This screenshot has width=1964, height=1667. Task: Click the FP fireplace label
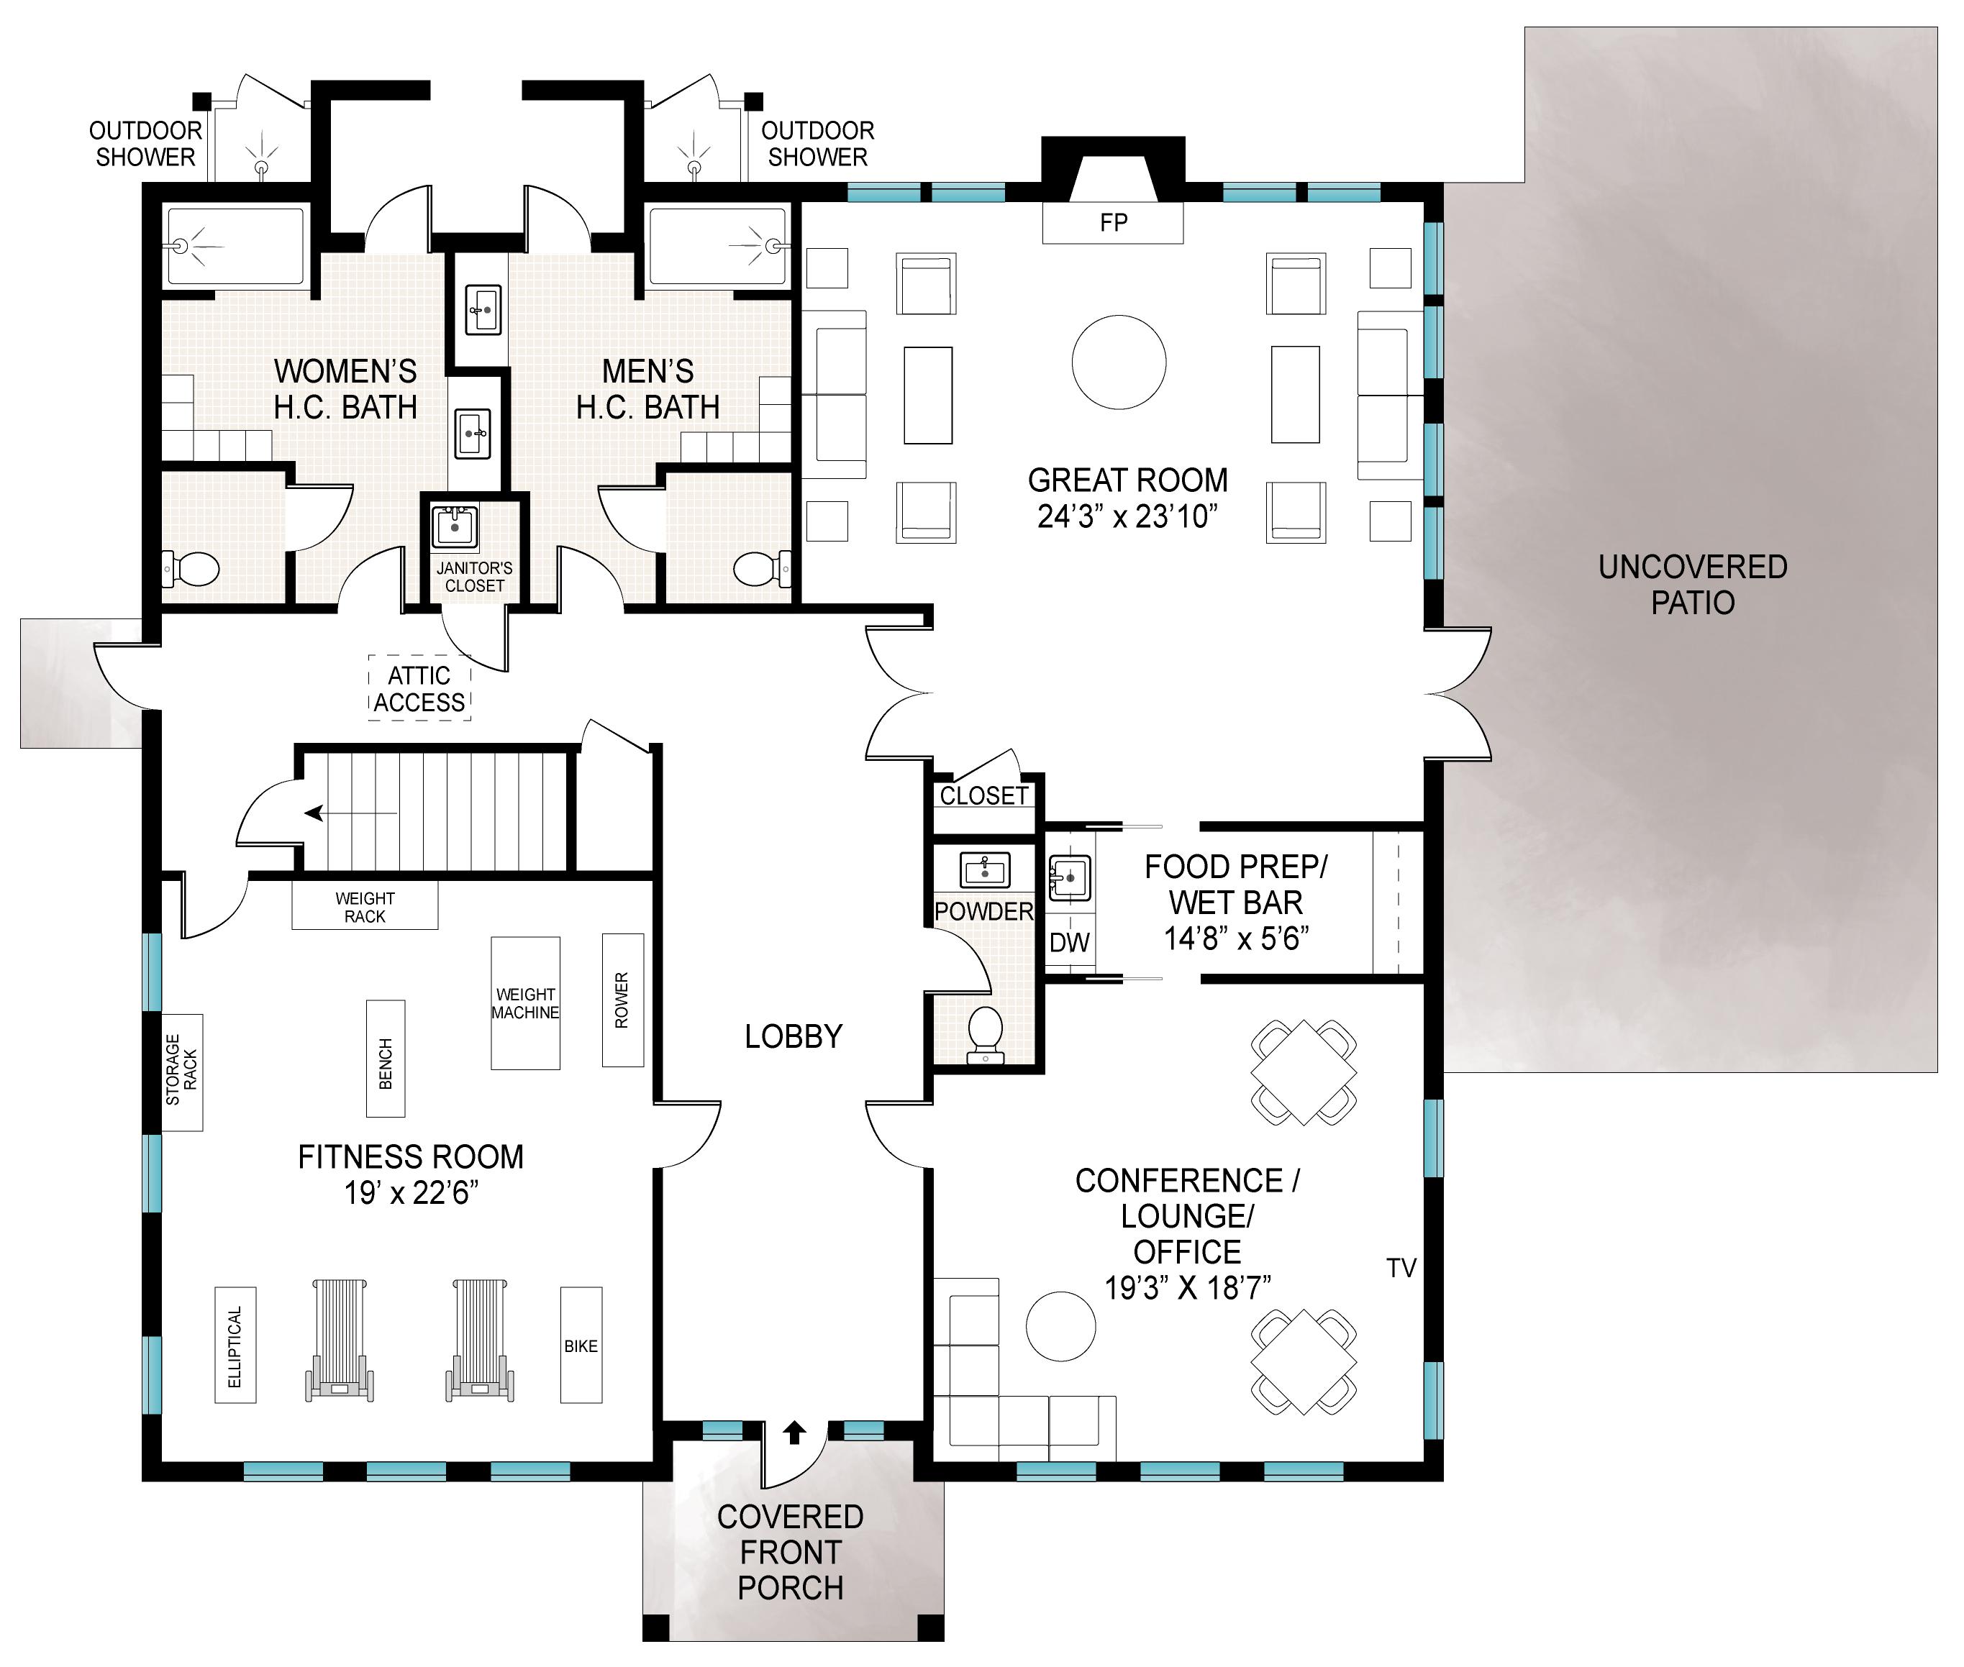coord(1114,223)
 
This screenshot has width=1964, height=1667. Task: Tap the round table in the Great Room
coord(1119,362)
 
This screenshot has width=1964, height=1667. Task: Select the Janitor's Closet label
coord(475,577)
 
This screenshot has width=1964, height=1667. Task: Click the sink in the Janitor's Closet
coord(455,527)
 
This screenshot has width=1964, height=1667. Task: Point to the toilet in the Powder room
coord(985,1036)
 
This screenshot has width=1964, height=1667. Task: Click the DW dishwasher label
coord(1070,942)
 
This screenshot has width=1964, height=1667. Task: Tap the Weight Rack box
coord(365,906)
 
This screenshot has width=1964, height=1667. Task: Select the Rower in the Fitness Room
coord(623,1000)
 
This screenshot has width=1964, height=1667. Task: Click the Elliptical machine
coord(235,1345)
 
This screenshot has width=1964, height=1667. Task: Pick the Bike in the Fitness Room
coord(581,1345)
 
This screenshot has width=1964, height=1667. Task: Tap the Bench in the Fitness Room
coord(386,1059)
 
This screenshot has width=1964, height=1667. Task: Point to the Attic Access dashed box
coord(419,689)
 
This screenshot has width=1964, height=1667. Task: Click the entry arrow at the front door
coord(794,1433)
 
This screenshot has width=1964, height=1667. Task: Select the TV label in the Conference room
coord(1401,1268)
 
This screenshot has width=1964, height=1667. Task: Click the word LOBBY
coord(793,1037)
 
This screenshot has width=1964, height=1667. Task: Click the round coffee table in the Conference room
coord(1061,1327)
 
